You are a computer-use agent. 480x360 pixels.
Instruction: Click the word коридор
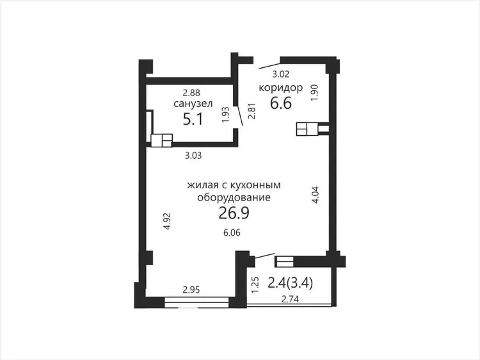281,88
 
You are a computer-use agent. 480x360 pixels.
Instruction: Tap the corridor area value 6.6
281,103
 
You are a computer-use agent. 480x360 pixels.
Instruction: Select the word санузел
193,104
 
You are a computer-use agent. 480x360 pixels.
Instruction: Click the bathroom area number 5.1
193,119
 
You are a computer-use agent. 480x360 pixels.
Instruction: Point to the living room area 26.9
234,213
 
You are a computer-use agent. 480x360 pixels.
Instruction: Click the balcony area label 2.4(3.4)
290,283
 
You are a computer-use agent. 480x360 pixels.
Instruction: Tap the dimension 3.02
281,74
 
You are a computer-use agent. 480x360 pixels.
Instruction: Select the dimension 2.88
191,92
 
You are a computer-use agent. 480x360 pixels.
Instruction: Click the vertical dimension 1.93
226,115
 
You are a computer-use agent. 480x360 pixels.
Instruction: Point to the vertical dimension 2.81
252,111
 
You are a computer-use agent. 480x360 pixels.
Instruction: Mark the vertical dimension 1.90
315,92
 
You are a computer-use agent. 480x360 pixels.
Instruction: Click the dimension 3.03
193,156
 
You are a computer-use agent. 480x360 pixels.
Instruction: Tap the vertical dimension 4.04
316,195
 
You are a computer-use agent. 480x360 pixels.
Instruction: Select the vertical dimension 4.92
167,222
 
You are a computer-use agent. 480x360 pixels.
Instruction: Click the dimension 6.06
232,233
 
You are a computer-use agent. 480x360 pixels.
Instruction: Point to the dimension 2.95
191,290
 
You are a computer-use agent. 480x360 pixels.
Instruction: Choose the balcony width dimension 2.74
290,299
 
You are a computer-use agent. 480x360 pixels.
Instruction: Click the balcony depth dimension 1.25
255,285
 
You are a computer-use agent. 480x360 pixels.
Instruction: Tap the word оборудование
234,198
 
